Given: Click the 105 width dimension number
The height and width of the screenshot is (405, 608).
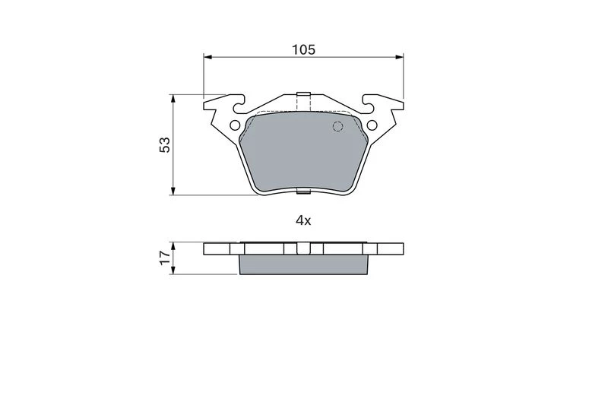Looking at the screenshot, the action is tap(303, 49).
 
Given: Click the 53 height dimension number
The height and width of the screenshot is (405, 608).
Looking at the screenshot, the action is tap(165, 145).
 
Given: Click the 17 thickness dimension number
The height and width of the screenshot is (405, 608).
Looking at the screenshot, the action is tap(165, 258).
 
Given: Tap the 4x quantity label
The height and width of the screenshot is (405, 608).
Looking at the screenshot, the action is tap(303, 221).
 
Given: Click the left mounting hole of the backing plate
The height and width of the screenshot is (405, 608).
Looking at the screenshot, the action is tap(235, 125).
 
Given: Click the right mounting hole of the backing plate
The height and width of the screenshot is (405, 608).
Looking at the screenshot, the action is tap(372, 125).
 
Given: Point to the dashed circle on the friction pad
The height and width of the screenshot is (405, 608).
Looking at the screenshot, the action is tap(338, 126).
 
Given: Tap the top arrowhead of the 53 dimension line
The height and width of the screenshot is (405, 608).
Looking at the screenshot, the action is tap(173, 99).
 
